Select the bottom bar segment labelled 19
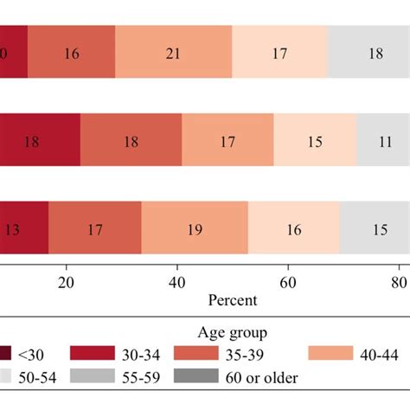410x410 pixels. (195, 231)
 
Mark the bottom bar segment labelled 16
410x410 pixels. (294, 231)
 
